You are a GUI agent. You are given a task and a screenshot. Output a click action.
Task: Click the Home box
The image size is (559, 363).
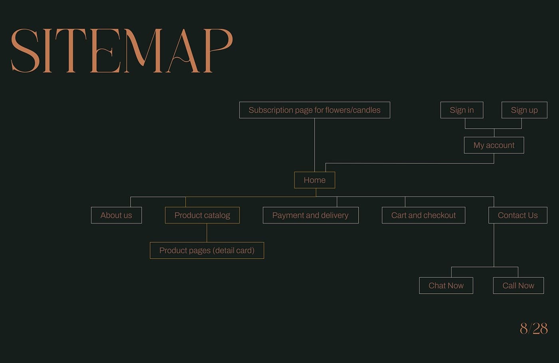pos(315,180)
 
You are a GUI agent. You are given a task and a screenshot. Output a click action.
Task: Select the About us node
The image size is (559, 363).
pos(116,215)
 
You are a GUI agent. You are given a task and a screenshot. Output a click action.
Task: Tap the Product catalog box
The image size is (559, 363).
pos(202,215)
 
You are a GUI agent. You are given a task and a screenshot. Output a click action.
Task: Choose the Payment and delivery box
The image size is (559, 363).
pos(311,215)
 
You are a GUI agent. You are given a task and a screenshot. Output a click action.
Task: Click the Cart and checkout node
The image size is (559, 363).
pos(424,215)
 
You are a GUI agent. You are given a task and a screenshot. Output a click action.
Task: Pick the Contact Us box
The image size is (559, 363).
pos(518,215)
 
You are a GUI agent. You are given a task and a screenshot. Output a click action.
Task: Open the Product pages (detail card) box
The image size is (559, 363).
pos(207,250)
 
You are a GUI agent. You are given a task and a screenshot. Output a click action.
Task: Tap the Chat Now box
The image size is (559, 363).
pos(446,285)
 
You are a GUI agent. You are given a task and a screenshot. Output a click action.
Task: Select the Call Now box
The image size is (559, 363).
pos(518,285)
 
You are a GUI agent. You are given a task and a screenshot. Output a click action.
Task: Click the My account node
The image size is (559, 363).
pos(494,145)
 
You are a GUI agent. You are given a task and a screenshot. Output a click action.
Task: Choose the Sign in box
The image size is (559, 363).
pos(462,110)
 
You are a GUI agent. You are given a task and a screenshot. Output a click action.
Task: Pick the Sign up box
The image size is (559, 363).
pos(524,110)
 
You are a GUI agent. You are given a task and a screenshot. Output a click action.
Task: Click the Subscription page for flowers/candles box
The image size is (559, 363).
pos(315,110)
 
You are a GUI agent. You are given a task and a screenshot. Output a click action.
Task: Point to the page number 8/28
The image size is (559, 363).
pos(534,328)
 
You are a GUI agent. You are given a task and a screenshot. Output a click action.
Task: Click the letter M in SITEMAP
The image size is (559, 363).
pos(143,51)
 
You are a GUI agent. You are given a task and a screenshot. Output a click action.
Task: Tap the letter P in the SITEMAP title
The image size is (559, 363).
pos(218,51)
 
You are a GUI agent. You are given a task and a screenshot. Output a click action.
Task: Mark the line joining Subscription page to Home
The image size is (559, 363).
pos(315,145)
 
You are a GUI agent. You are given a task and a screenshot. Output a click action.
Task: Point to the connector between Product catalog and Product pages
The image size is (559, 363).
pos(207,233)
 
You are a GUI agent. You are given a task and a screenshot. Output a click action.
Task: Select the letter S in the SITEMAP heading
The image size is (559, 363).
pos(25,51)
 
